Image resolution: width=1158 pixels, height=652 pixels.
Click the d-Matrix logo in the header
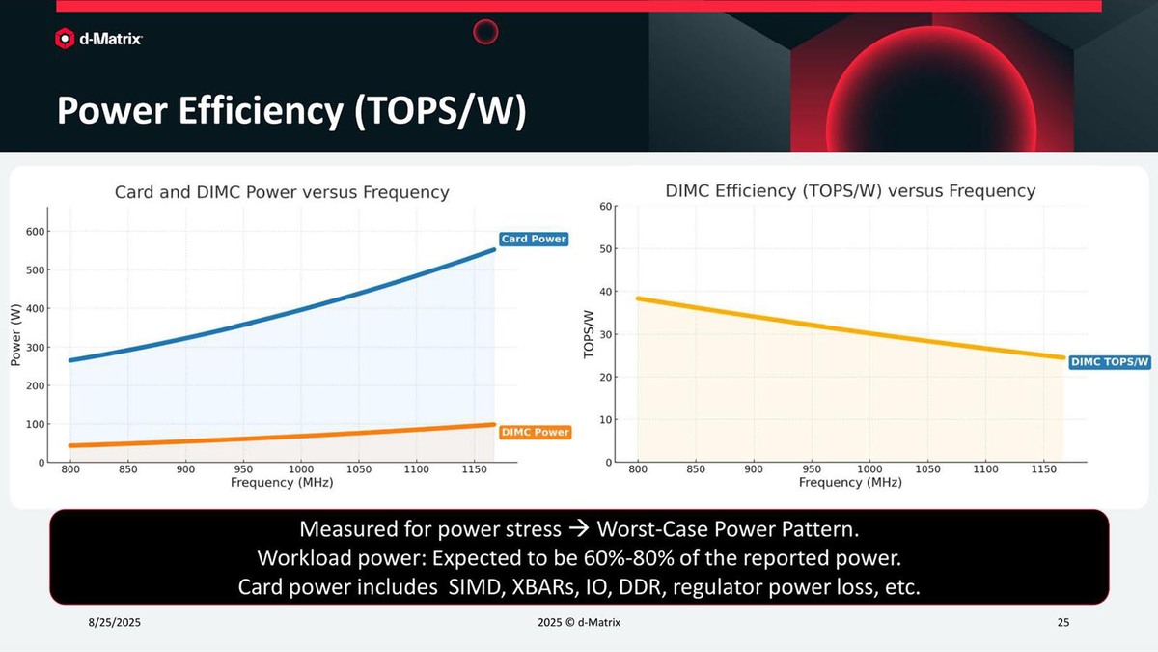tap(99, 39)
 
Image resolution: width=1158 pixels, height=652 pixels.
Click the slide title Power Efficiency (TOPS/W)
tap(290, 111)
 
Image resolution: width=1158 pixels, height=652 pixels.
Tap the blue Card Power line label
tap(534, 239)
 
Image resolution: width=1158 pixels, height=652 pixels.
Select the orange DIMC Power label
tap(536, 432)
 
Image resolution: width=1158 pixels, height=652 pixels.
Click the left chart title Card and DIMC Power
tap(282, 192)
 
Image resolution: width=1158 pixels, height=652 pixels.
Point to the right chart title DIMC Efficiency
tap(850, 191)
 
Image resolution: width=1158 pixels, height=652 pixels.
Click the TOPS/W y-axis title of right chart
tap(588, 334)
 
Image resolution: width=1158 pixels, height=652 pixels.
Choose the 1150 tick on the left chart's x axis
tap(474, 469)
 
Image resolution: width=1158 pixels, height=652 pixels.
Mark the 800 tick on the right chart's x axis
tap(638, 469)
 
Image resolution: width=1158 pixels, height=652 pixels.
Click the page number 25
tap(1063, 623)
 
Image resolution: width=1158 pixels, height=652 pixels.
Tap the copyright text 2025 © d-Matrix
tap(579, 623)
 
